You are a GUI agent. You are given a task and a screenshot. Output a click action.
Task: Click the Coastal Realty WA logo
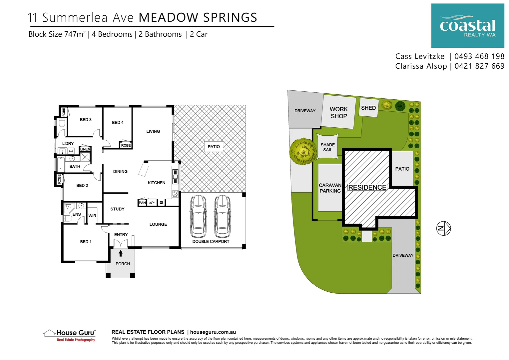click(x=467, y=26)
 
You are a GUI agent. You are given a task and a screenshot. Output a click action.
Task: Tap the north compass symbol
click(x=443, y=228)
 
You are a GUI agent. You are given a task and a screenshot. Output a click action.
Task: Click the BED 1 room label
click(x=86, y=242)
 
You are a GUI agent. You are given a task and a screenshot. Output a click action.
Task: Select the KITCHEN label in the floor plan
click(x=156, y=183)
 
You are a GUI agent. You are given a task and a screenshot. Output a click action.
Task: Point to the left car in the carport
click(x=198, y=216)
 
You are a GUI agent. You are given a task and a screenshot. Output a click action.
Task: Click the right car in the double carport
click(x=222, y=216)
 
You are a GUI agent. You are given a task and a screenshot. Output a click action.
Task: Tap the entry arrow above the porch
click(x=121, y=253)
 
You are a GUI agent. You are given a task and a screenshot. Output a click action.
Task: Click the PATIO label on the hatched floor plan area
click(x=214, y=147)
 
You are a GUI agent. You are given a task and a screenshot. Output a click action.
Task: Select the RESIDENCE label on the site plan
click(x=367, y=187)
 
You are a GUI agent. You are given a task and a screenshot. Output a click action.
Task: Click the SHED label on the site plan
click(x=368, y=108)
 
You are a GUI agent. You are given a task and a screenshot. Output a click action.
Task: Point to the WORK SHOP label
click(x=338, y=113)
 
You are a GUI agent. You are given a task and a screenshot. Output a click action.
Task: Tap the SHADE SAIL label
click(x=327, y=147)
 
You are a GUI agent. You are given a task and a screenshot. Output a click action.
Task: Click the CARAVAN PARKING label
click(x=330, y=188)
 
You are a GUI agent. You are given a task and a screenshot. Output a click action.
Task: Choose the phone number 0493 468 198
click(x=479, y=56)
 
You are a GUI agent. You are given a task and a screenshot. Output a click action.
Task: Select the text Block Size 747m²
click(x=57, y=34)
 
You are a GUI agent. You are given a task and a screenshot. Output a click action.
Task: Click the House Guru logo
click(x=70, y=335)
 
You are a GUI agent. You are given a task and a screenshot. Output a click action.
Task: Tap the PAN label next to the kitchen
click(x=142, y=203)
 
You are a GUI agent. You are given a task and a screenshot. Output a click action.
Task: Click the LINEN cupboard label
click(x=85, y=149)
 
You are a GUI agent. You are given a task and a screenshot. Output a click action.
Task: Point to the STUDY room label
click(x=117, y=209)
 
